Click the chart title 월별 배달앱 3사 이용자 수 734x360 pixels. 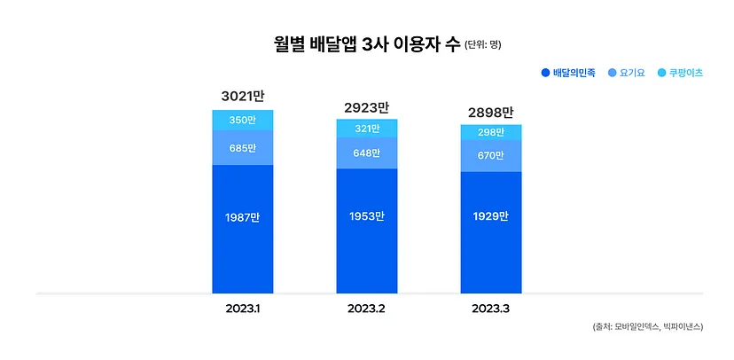(367, 43)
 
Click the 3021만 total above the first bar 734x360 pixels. (242, 96)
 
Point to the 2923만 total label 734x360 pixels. (366, 107)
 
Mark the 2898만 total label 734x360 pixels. (490, 113)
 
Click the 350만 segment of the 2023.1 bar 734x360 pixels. (242, 120)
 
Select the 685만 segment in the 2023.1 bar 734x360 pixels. (242, 147)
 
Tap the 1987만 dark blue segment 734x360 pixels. (242, 217)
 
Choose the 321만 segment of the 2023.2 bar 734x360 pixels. (366, 129)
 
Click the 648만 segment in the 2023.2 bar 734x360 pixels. (366, 153)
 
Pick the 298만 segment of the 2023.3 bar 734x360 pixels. (490, 133)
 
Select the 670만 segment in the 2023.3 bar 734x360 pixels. (490, 156)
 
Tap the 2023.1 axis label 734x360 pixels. (242, 309)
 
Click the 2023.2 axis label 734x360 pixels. (366, 309)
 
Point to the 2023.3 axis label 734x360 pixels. (490, 309)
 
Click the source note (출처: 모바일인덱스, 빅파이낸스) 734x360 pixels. (648, 326)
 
